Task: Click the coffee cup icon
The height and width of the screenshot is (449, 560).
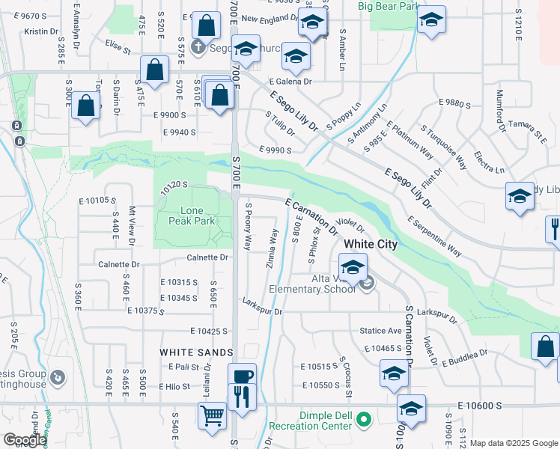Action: click(242, 376)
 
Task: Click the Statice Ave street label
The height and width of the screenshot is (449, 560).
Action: click(381, 330)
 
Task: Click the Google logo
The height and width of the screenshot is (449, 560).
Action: click(25, 440)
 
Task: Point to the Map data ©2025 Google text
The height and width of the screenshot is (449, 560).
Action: click(513, 443)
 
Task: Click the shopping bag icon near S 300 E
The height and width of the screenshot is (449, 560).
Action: click(86, 106)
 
